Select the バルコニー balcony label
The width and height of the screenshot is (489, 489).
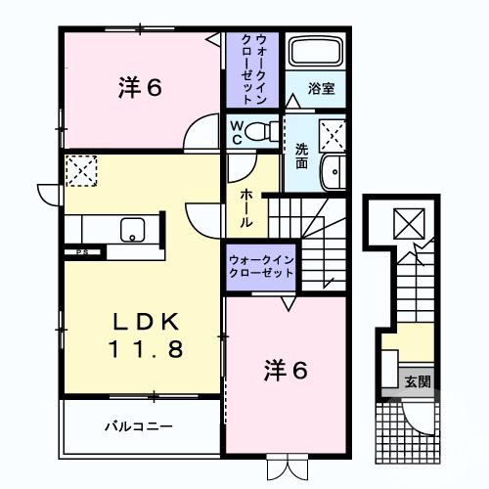point(139,426)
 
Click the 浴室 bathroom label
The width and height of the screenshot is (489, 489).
point(322,88)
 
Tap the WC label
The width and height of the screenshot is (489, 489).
point(237,131)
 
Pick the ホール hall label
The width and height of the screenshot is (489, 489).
point(245,207)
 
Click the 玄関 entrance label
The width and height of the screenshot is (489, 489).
point(415,382)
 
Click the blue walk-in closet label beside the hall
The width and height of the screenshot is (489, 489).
point(261,266)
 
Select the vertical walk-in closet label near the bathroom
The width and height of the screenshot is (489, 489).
point(253,69)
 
